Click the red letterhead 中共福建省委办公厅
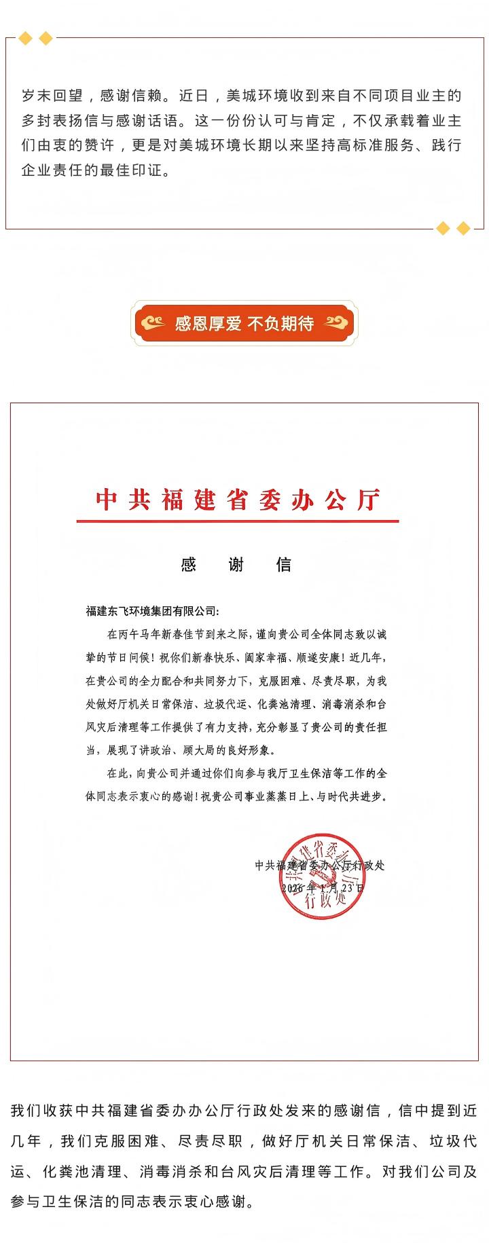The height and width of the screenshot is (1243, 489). tap(237, 500)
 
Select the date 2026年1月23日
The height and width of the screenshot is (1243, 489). tap(323, 888)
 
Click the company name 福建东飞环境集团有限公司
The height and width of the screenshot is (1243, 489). tap(152, 611)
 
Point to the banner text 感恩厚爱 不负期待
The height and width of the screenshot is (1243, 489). tap(244, 323)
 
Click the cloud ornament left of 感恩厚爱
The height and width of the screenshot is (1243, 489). tap(153, 323)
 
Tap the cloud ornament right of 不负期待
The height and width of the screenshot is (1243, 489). tap(336, 323)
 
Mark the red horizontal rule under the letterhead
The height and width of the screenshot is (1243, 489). tap(237, 521)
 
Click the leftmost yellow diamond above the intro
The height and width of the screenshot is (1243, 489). tap(25, 39)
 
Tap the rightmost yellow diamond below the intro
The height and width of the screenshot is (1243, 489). tap(463, 228)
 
